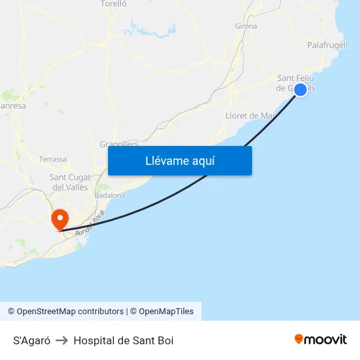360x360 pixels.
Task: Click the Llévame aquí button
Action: coord(179,160)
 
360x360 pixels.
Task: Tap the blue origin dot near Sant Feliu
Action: coord(300,90)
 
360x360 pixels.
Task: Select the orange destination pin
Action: coord(60,218)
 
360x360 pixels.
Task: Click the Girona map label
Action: coord(245,26)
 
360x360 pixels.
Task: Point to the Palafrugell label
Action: coord(327,45)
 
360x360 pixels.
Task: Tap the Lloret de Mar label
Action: coord(249,116)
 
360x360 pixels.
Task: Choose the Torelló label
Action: coord(113,4)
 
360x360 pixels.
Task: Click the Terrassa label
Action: coord(53,159)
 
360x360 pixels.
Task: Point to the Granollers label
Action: coord(118,143)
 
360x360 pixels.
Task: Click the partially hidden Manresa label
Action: coord(12,105)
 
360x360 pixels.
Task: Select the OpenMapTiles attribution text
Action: coord(166,312)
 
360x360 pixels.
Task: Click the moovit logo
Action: coord(320,340)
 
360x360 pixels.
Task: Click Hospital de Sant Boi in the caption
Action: coord(123,340)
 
